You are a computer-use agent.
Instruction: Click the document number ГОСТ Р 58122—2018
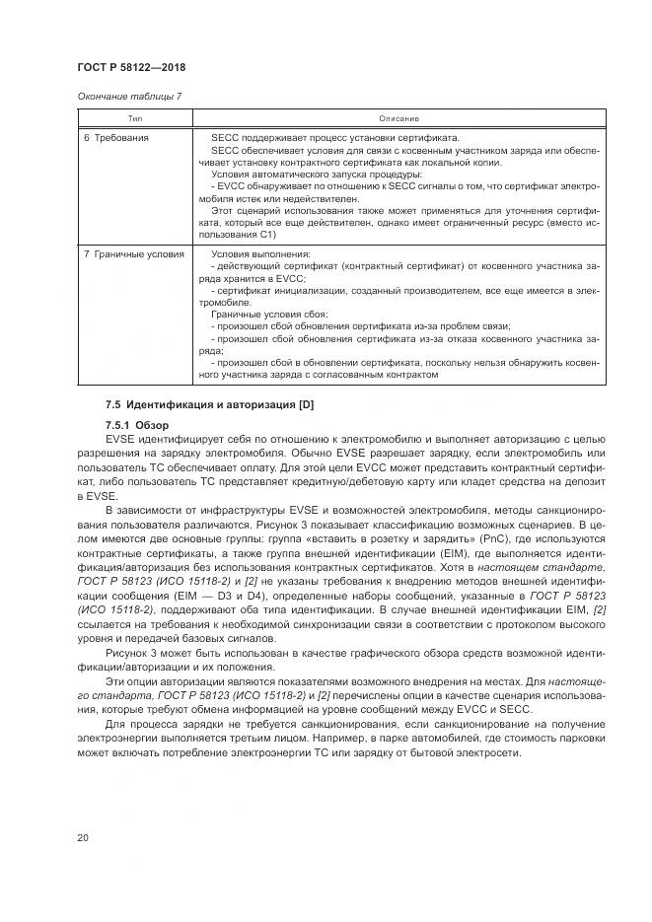130,67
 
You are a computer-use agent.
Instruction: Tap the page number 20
82,837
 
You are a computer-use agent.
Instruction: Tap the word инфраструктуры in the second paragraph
221,514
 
